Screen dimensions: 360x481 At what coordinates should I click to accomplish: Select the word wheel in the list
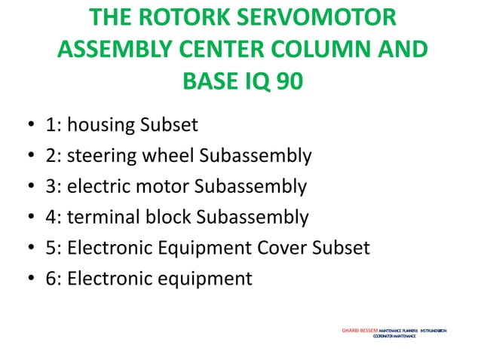pyautogui.click(x=172, y=156)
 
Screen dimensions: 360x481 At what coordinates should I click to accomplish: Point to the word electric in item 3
pyautogui.click(x=113, y=187)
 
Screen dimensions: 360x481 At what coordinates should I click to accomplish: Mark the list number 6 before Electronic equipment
pyautogui.click(x=51, y=279)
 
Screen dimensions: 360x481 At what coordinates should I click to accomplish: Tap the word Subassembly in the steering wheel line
pyautogui.click(x=255, y=156)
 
